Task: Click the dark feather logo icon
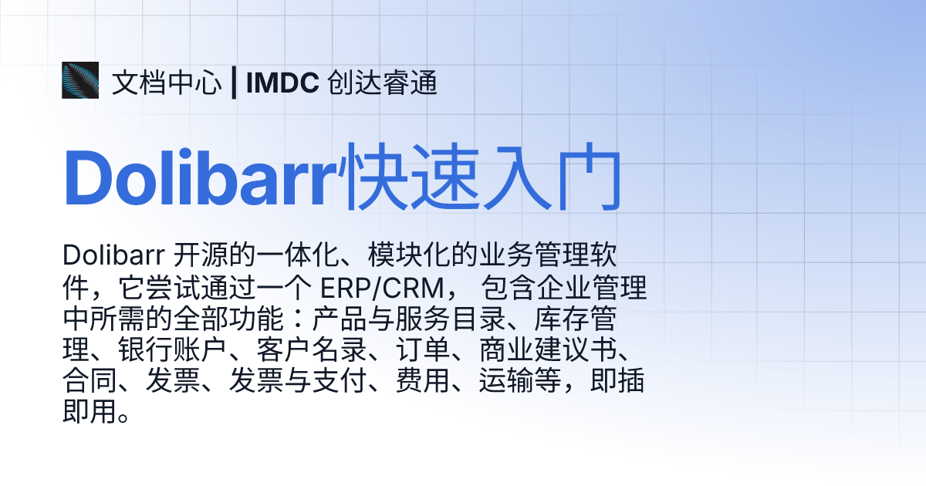pos(80,80)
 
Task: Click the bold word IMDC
pos(282,83)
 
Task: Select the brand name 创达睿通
pos(382,83)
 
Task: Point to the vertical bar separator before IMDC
pos(233,83)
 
